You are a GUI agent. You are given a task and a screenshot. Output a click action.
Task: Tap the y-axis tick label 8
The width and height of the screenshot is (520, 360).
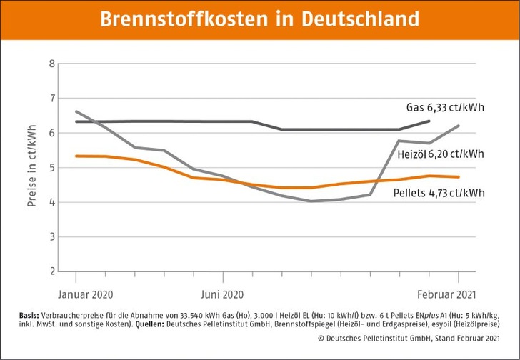51,64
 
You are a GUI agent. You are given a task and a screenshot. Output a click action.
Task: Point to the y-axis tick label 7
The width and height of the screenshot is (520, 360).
51,98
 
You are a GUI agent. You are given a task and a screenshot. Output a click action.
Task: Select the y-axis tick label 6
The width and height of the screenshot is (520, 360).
51,133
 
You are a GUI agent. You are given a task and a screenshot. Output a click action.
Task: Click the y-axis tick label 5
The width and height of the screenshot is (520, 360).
51,168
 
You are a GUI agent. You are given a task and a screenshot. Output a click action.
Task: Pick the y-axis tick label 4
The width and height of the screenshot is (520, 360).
51,202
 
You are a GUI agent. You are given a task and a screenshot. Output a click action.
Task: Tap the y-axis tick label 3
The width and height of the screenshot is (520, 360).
51,236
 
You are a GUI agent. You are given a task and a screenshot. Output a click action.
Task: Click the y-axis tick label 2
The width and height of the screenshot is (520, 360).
51,271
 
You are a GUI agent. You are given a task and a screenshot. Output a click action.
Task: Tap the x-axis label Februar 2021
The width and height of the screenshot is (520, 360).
447,294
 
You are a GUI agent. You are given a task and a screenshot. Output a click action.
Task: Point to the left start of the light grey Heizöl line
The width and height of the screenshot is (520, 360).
76,111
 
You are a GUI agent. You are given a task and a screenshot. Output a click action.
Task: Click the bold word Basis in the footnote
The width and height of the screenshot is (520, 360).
34,315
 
